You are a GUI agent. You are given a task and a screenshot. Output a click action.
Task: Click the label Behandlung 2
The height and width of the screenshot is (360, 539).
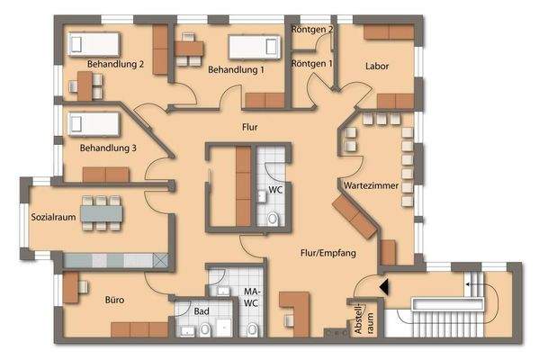(x=117, y=64)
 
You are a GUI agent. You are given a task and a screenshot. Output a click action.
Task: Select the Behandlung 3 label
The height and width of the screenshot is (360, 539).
(x=108, y=148)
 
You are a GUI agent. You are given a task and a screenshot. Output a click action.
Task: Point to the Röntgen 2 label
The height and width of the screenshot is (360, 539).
(x=312, y=30)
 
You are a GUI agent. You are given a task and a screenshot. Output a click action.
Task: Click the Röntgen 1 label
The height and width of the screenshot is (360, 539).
(x=312, y=64)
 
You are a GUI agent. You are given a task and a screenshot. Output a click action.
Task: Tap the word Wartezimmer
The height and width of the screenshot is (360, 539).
(x=369, y=184)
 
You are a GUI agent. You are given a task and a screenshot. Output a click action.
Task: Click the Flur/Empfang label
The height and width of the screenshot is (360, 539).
(x=328, y=254)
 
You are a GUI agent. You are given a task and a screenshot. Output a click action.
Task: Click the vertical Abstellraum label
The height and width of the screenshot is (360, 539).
(x=362, y=319)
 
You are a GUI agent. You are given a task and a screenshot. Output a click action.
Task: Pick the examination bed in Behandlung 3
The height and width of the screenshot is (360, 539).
(x=87, y=121)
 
